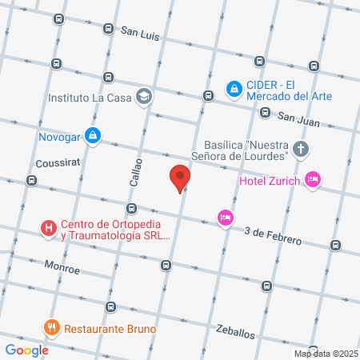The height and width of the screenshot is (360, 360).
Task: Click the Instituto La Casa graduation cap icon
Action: (143, 98)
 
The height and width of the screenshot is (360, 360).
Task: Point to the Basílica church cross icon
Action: (300, 149)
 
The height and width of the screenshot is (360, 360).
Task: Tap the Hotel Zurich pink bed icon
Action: (312, 180)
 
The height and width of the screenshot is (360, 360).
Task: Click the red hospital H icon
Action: (49, 229)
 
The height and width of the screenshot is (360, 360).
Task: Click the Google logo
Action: (26, 350)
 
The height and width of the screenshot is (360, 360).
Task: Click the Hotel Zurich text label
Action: (270, 180)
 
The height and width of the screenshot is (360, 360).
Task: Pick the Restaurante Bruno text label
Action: (110, 328)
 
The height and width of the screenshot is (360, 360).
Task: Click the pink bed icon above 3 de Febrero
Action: (226, 217)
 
